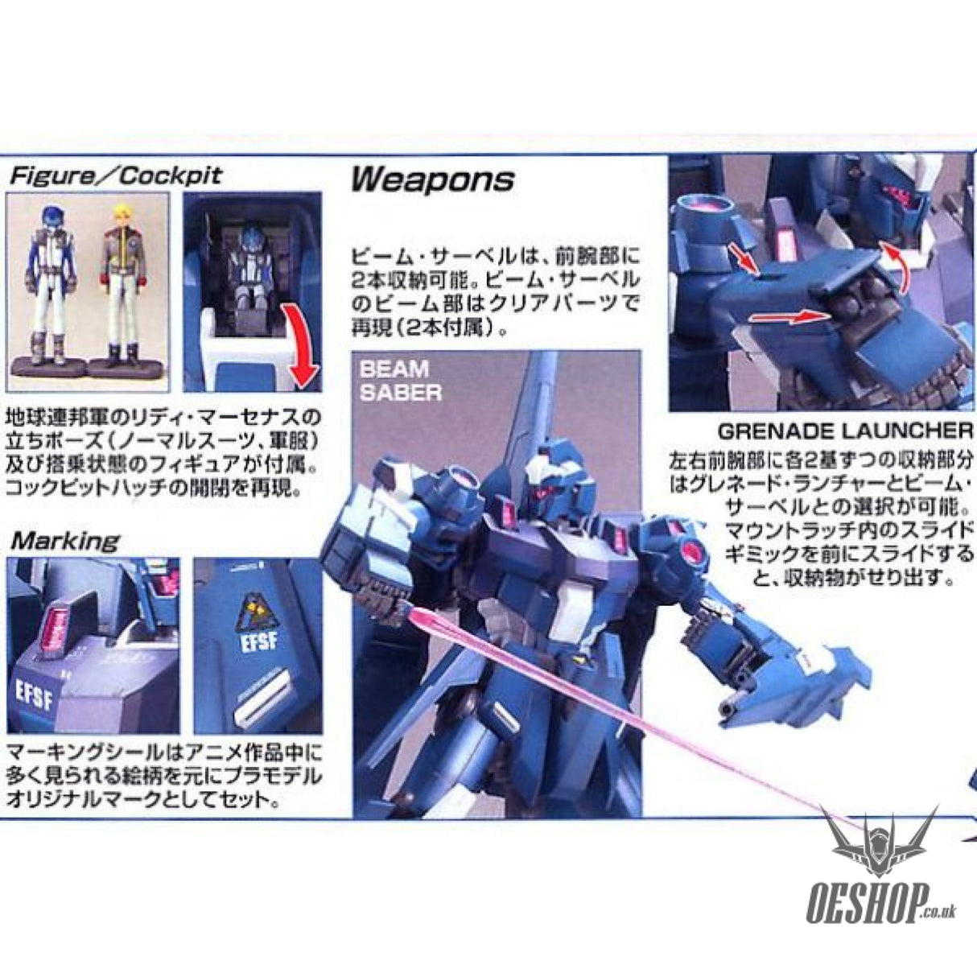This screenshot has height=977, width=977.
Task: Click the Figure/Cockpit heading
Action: (x=114, y=177)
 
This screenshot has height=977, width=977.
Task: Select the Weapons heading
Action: (x=432, y=179)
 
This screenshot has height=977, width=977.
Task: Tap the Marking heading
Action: (x=64, y=540)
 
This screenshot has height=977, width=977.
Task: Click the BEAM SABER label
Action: (x=400, y=381)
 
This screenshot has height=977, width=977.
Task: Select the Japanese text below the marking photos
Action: (x=161, y=778)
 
